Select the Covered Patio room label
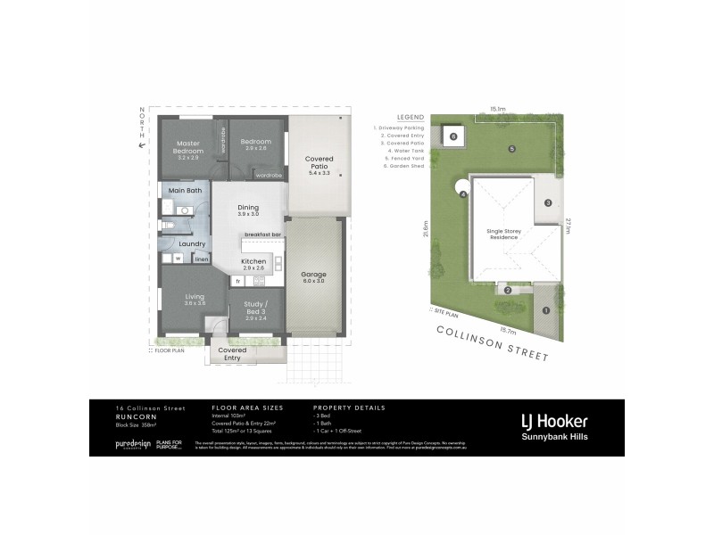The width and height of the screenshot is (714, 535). pyautogui.click(x=319, y=163)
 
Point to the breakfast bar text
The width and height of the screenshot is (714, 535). pyautogui.click(x=263, y=235)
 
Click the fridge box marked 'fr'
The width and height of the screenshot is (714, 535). pyautogui.click(x=238, y=282)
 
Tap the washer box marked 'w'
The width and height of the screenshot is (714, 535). pyautogui.click(x=178, y=259)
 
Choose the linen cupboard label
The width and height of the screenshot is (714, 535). pyautogui.click(x=202, y=259)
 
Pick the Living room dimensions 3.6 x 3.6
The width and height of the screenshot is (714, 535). pyautogui.click(x=195, y=304)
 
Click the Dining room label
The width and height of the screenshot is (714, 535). pyautogui.click(x=247, y=208)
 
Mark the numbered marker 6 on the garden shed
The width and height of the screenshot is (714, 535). pyautogui.click(x=453, y=136)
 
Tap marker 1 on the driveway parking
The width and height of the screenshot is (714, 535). pyautogui.click(x=544, y=310)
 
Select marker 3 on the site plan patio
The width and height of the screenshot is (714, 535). pyautogui.click(x=547, y=203)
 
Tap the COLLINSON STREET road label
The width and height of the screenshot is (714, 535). pyautogui.click(x=490, y=343)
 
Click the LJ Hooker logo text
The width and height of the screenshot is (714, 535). pyautogui.click(x=553, y=421)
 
